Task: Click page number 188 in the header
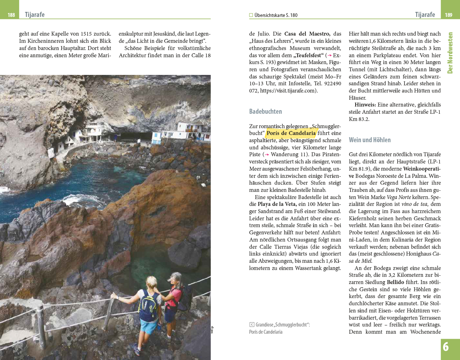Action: click(11, 15)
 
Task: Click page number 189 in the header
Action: click(448, 15)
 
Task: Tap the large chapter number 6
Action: click(446, 347)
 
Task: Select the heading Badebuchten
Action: click(265, 112)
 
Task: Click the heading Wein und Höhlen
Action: click(370, 140)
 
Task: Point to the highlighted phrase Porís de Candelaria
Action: click(291, 133)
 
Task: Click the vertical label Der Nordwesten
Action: click(450, 53)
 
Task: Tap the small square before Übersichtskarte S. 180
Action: click(251, 15)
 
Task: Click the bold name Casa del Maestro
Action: click(307, 34)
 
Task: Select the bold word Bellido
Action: click(395, 282)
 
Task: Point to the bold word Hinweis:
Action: click(365, 105)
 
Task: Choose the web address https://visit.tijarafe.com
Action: click(287, 91)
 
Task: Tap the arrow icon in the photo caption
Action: click(251, 325)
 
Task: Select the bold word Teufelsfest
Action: click(308, 55)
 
